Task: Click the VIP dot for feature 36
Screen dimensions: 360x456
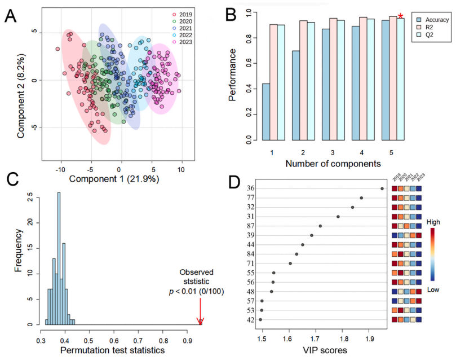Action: (382, 188)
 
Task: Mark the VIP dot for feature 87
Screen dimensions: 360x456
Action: (320, 226)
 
